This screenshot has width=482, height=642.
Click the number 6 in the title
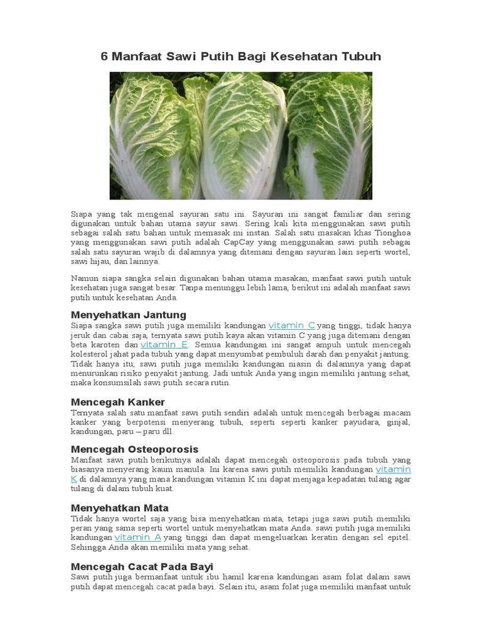coord(105,57)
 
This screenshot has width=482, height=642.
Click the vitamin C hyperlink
coord(292,325)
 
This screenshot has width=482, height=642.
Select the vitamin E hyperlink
coord(164,345)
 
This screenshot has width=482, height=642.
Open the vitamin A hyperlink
coord(137,537)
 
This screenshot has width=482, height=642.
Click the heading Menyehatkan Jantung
coord(128,314)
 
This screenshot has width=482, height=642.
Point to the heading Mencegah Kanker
coord(118,401)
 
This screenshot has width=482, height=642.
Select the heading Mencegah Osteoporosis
coord(134,449)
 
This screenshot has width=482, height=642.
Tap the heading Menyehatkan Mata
coord(120,507)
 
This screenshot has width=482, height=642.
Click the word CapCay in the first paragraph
coord(222,243)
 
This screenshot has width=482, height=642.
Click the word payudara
coord(340,422)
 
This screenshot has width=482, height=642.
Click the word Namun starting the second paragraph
coord(85,278)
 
